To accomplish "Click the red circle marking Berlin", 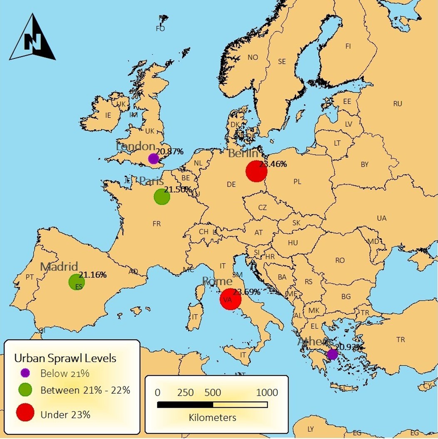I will click(x=256, y=171).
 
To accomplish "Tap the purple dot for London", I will click(x=153, y=158).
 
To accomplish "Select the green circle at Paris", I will click(x=162, y=197).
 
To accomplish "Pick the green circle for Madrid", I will click(x=77, y=282).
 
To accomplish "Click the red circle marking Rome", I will click(x=230, y=299).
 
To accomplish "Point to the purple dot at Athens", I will click(x=332, y=354).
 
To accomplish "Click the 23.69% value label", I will click(x=246, y=292).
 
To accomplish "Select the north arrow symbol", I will click(x=32, y=38).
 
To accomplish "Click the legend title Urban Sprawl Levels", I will click(x=65, y=358).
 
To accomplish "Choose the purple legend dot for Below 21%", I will click(x=25, y=373).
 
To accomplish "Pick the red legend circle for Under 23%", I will click(x=25, y=413).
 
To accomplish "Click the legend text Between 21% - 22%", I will click(x=85, y=390).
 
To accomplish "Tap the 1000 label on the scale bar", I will click(x=267, y=393).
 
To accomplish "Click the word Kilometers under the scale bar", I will click(x=212, y=417).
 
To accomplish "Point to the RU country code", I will click(x=398, y=104).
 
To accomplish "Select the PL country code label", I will click(x=297, y=182).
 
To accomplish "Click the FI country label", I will click(x=348, y=46).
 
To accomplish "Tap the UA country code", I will click(x=381, y=218).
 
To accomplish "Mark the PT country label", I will click(x=30, y=277).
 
